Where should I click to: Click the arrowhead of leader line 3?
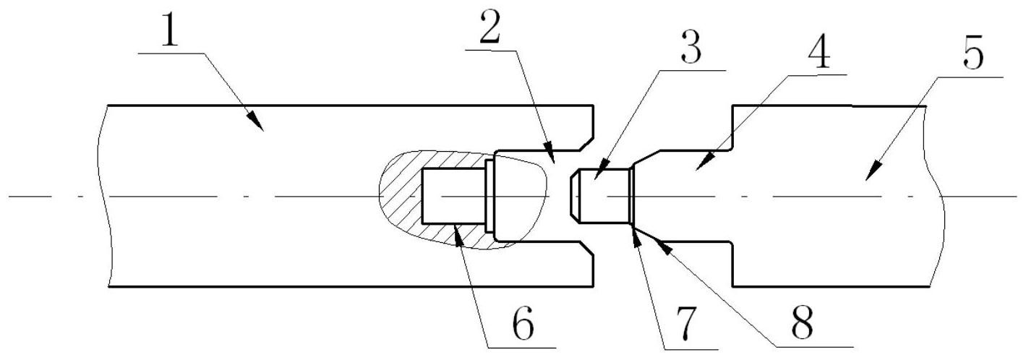(594, 176)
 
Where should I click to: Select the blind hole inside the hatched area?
(452, 196)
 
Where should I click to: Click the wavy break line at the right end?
(935, 195)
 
